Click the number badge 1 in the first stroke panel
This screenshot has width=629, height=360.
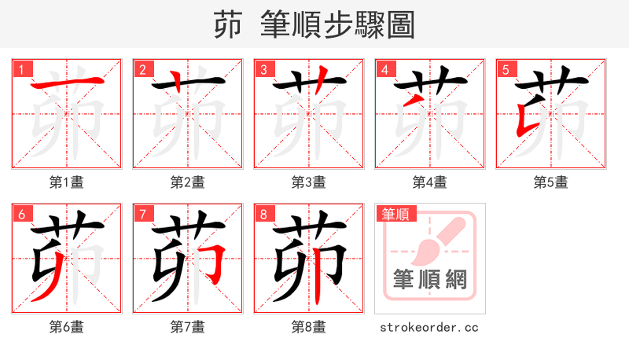(21, 69)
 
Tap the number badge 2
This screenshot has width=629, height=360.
(142, 69)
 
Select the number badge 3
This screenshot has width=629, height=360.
(263, 69)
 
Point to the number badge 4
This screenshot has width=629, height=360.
(384, 69)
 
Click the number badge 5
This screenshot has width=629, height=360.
(506, 69)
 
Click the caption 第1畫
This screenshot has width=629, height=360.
(67, 182)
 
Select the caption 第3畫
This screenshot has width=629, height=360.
(309, 182)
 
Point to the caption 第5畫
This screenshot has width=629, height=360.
(551, 182)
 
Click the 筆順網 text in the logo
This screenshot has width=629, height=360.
(429, 280)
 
